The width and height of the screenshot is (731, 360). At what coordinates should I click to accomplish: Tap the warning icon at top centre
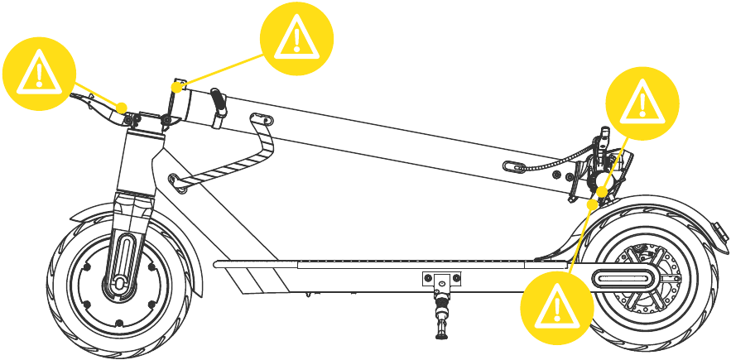tap(296, 36)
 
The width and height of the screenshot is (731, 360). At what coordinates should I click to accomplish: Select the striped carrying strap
tap(228, 161)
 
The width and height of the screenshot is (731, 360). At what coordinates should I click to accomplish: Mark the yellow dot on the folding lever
tap(121, 107)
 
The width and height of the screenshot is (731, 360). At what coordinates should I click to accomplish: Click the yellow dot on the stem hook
tap(176, 84)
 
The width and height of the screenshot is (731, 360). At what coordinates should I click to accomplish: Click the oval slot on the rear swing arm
tap(621, 276)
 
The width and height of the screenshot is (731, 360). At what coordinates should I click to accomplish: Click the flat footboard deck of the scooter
tap(373, 264)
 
